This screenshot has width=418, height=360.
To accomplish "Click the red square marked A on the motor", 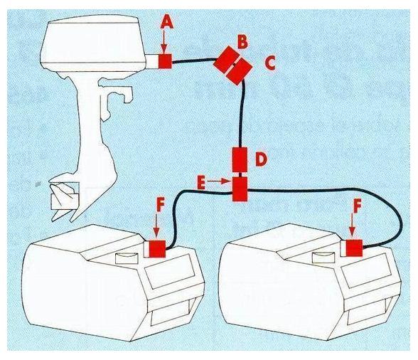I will [165, 62].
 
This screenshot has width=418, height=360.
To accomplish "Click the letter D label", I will [260, 158].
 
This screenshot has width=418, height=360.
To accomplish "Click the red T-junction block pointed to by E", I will [240, 189].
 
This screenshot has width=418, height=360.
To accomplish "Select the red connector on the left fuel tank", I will [155, 248].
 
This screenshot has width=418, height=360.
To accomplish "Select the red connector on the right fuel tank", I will [353, 248].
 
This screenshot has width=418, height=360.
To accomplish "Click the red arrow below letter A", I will [165, 43].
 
